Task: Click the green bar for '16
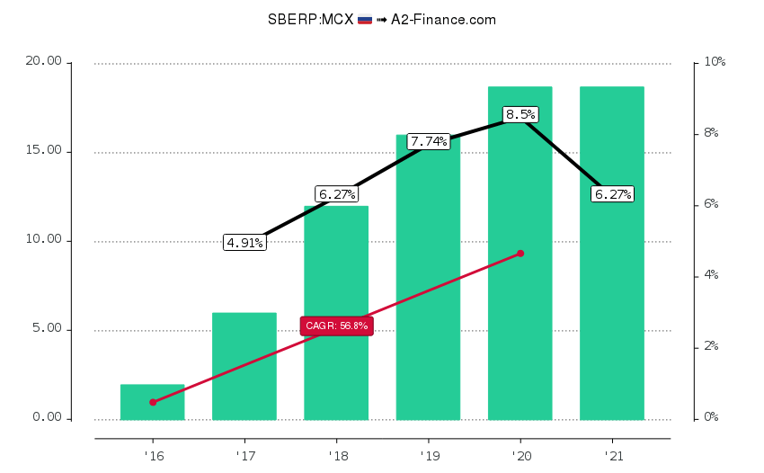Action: (x=152, y=402)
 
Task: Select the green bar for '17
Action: (x=244, y=366)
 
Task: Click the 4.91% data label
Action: (x=244, y=242)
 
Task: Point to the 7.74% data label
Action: (x=428, y=141)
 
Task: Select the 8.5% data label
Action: (x=520, y=114)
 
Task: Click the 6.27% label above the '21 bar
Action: (x=612, y=193)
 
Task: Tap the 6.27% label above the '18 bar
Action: (x=336, y=193)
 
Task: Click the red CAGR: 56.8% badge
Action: (x=336, y=326)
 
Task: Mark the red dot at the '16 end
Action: (x=153, y=402)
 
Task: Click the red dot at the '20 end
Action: (x=520, y=254)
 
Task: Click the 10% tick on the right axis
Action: (x=715, y=62)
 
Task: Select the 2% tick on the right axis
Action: (x=711, y=346)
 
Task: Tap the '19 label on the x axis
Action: (x=428, y=455)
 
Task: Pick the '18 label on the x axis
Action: (x=336, y=455)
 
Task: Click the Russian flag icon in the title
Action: (x=365, y=19)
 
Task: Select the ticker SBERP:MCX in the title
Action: (x=310, y=19)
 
